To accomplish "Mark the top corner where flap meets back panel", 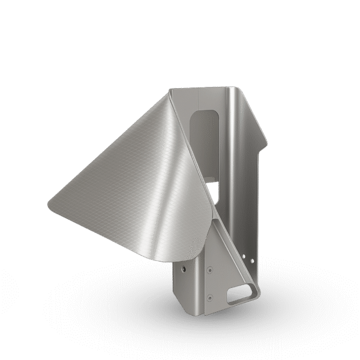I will pyautogui.click(x=171, y=90).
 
